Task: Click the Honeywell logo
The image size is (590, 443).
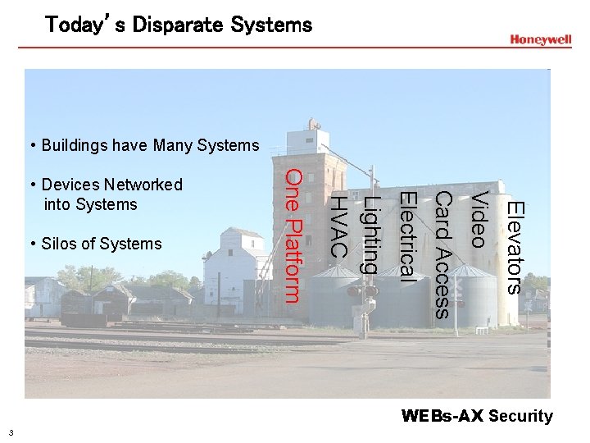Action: click(540, 39)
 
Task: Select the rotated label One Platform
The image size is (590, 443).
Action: click(295, 235)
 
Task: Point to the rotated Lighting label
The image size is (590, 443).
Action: click(371, 235)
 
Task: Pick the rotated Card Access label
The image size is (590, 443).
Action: click(443, 254)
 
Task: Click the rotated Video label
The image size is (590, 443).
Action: click(479, 218)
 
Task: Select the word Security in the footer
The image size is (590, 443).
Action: click(520, 416)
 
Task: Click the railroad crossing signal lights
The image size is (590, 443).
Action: click(362, 290)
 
